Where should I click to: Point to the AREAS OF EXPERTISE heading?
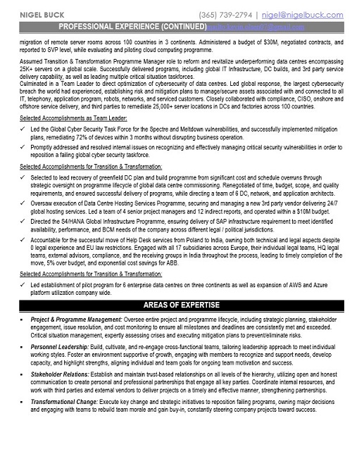(182, 304)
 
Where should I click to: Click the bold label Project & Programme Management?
(77, 320)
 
